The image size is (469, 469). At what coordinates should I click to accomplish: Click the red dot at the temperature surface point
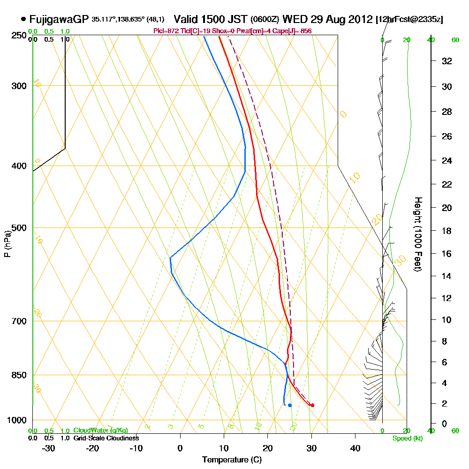coord(312,405)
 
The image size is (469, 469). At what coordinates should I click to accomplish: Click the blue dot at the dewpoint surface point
coord(290,405)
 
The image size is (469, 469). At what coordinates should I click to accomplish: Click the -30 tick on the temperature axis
coord(49,448)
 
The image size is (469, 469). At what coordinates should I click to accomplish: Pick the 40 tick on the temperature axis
coord(356,448)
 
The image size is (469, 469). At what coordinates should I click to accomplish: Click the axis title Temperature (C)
coord(232,460)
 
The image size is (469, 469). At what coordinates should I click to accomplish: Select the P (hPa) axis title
coord(7,244)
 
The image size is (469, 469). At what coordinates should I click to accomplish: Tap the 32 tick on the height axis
coord(446,61)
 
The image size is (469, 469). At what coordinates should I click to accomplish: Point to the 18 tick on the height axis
coord(446,231)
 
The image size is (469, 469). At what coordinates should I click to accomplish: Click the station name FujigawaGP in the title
coord(59,19)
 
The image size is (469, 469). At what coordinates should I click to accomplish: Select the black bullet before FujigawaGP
coord(23,19)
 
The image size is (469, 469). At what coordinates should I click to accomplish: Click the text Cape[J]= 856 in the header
coord(294,31)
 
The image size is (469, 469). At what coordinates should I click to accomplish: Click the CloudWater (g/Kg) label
coord(100,431)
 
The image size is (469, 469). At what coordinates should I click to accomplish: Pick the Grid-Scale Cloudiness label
coord(106,438)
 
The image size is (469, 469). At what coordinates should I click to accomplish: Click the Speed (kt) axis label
coord(407,439)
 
